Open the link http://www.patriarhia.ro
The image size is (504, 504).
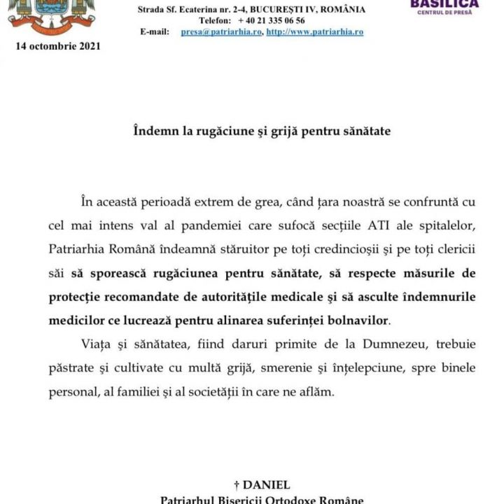tap(314, 32)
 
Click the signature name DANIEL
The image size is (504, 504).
tap(266, 484)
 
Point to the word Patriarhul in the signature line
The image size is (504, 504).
tap(187, 500)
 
